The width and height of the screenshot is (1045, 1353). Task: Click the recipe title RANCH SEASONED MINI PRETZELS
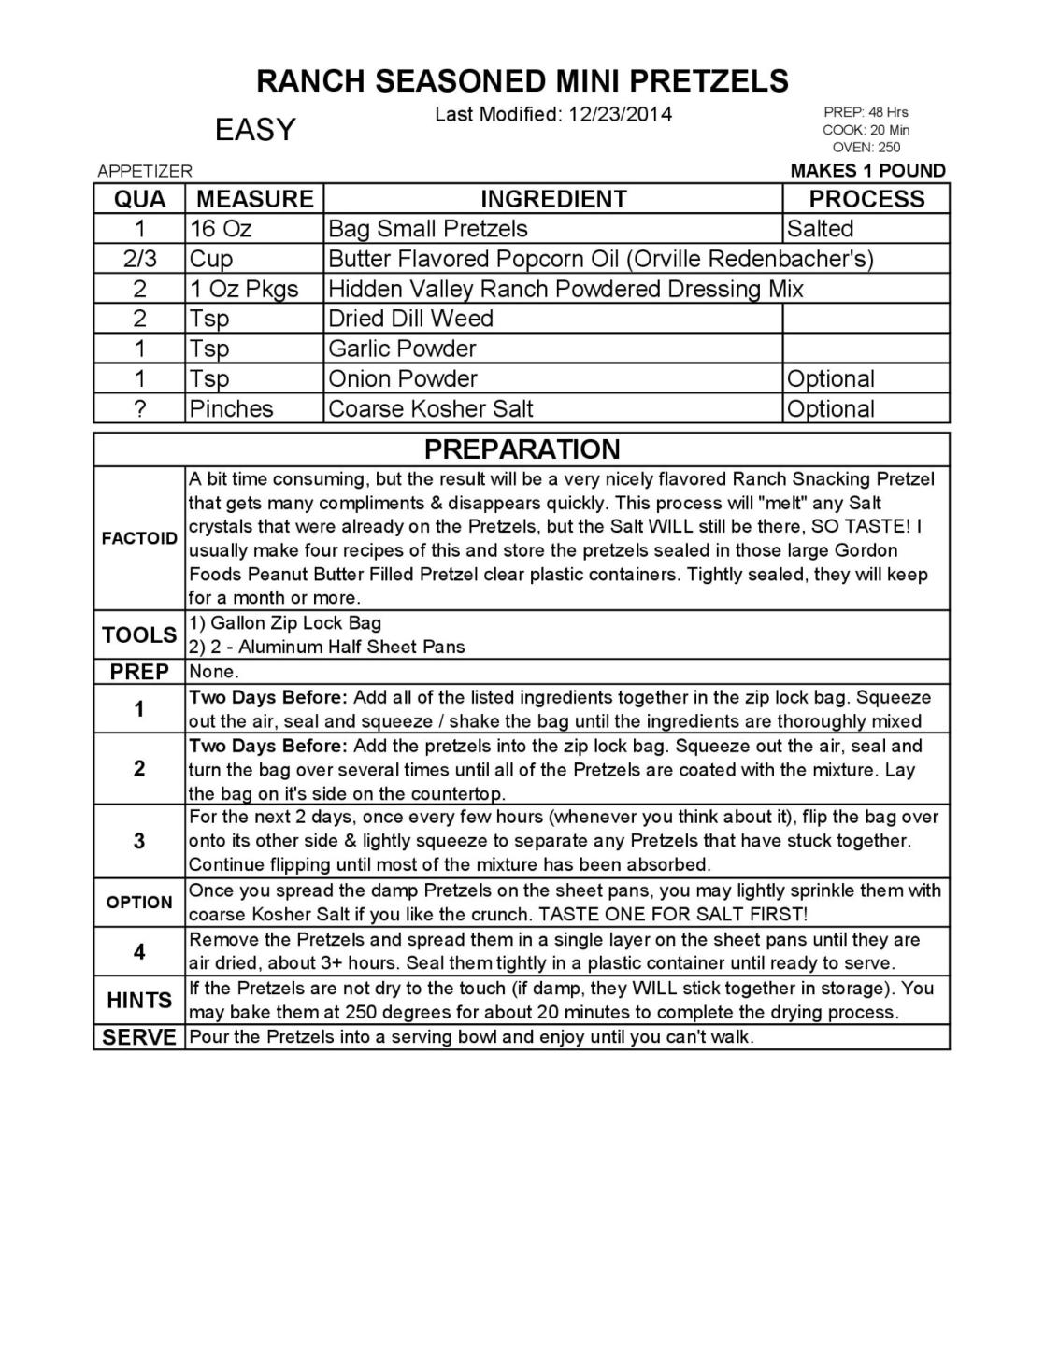click(x=522, y=81)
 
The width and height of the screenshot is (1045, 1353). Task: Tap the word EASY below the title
click(x=255, y=130)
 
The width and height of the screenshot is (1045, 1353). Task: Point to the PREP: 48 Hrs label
click(x=866, y=112)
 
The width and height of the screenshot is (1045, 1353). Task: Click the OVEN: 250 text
click(x=866, y=147)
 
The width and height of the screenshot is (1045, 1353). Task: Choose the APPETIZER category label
click(x=145, y=171)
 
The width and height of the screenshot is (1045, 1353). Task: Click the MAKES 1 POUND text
click(x=867, y=171)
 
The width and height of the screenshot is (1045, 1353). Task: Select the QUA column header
click(x=139, y=199)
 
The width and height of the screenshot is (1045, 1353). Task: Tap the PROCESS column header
click(x=866, y=199)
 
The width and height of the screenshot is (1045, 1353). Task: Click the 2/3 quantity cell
click(x=139, y=259)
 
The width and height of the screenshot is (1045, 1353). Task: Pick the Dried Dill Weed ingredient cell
click(x=410, y=319)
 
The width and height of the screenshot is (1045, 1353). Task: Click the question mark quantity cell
click(x=139, y=409)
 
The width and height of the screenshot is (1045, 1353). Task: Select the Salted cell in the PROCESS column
click(x=820, y=229)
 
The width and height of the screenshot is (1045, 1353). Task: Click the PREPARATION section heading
click(x=522, y=449)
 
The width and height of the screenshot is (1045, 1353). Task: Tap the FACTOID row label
click(x=139, y=538)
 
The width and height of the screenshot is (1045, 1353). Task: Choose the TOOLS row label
click(x=139, y=635)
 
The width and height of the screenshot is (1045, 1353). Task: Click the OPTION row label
click(x=139, y=903)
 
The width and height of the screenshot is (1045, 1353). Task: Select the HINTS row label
click(x=139, y=1001)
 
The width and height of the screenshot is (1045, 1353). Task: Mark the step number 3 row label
click(x=139, y=841)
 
